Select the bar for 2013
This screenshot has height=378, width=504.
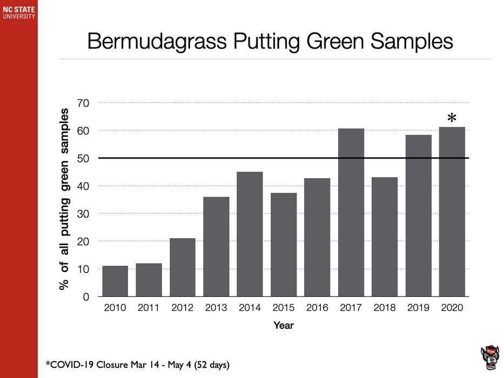pyautogui.click(x=216, y=247)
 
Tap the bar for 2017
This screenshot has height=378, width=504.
pyautogui.click(x=351, y=213)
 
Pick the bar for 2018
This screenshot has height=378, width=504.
pyautogui.click(x=385, y=237)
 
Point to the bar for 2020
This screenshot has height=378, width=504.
pyautogui.click(x=452, y=212)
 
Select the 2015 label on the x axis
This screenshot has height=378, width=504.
pyautogui.click(x=284, y=308)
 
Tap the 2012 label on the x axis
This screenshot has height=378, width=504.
pyautogui.click(x=183, y=308)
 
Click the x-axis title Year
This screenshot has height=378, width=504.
pyautogui.click(x=284, y=325)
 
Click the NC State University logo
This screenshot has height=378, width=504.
pyautogui.click(x=18, y=12)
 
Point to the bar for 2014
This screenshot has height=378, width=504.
pyautogui.click(x=250, y=234)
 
